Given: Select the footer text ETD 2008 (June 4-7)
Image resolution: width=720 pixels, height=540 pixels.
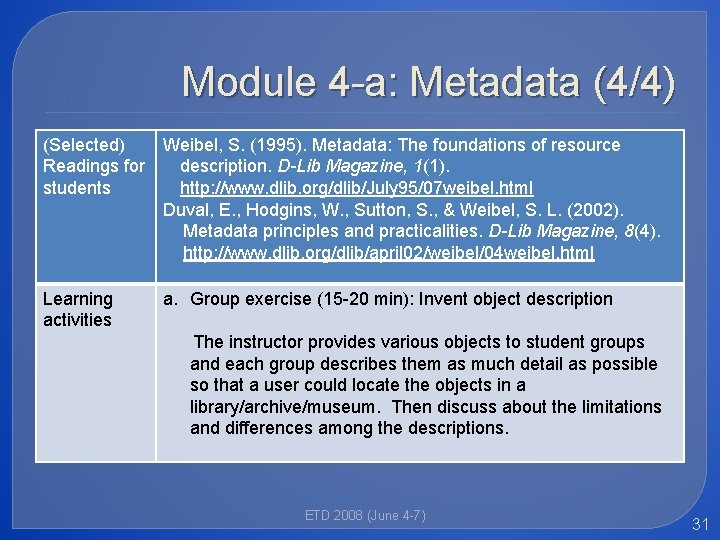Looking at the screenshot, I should pos(365,515).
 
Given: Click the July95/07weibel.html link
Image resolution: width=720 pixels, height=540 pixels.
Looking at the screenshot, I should pos(356,188).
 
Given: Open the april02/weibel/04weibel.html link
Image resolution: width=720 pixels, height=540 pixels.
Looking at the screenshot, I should pos(389,253).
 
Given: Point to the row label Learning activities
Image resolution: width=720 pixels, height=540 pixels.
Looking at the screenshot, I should pos(78,309).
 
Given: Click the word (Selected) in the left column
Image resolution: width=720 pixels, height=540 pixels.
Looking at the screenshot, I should pos(84,145).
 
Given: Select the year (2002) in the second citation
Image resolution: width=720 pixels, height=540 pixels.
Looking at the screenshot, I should pos(596,210).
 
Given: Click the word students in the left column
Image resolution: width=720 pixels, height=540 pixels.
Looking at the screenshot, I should pos(77,188).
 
